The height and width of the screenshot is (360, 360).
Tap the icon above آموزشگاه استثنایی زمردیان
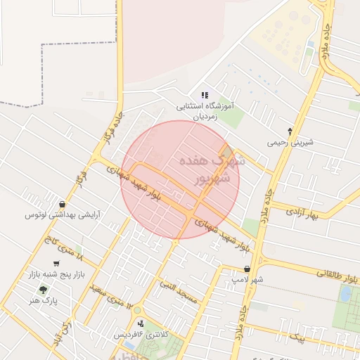[x=205, y=95]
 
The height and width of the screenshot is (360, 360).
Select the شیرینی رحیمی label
[x=290, y=141]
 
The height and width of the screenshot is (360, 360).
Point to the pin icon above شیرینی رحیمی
[x=290, y=131]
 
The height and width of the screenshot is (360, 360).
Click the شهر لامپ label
[x=247, y=279]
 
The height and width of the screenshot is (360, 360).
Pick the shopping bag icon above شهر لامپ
[x=247, y=269]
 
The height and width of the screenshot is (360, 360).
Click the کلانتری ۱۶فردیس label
[x=141, y=335]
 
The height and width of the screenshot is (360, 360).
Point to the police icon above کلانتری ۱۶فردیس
[x=141, y=323]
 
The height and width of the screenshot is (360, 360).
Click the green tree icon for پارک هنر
[x=43, y=290]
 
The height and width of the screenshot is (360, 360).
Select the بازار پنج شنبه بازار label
[x=56, y=274]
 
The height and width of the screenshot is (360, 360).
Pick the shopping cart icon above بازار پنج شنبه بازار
[x=56, y=264]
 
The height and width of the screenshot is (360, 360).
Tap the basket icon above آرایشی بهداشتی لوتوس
[x=63, y=204]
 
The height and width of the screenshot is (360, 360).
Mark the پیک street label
[x=299, y=337]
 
